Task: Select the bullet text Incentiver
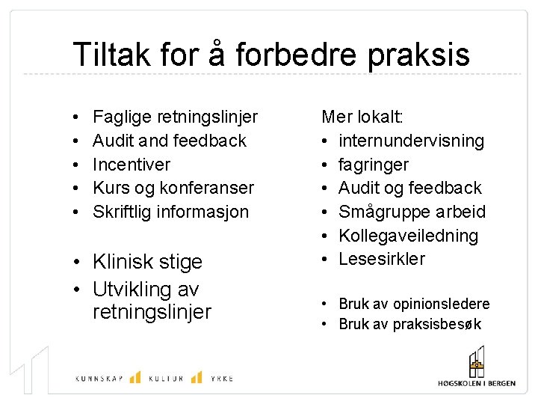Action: pyautogui.click(x=132, y=165)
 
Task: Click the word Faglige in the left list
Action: pyautogui.click(x=122, y=117)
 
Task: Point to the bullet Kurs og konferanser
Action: pyautogui.click(x=173, y=188)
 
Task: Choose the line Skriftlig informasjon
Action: pyautogui.click(x=170, y=212)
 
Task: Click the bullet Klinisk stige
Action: pyautogui.click(x=148, y=262)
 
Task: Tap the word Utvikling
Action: pyautogui.click(x=137, y=288)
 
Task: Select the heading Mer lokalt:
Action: pyautogui.click(x=362, y=117)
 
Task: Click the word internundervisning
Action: pyautogui.click(x=411, y=141)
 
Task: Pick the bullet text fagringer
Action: pyautogui.click(x=374, y=165)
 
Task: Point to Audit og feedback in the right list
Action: pyautogui.click(x=410, y=188)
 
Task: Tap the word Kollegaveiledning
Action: pyautogui.click(x=408, y=236)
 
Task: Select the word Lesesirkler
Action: pyautogui.click(x=382, y=259)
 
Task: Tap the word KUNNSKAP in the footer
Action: pyautogui.click(x=98, y=379)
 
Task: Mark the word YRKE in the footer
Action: pyautogui.click(x=221, y=379)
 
